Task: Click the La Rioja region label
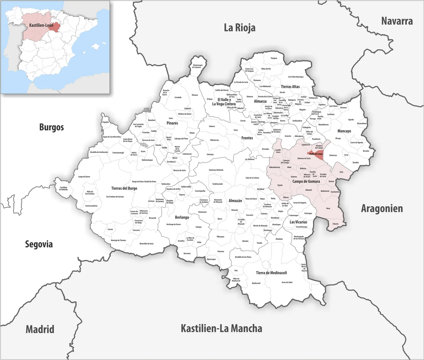point(239,28)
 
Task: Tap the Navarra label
point(397,21)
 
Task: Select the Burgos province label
point(51,127)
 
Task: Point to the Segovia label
point(39,244)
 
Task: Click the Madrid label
point(40,329)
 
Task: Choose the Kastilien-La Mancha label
point(221,328)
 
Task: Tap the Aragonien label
point(382,209)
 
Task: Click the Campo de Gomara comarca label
point(306,181)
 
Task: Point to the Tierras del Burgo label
point(124,188)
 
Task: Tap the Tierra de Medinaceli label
point(271,272)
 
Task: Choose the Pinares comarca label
point(172,123)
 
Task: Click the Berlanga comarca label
point(182,217)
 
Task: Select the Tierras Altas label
point(290,87)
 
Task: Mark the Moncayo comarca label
point(344,131)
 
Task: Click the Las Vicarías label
point(298,222)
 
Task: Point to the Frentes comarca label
point(247,138)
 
